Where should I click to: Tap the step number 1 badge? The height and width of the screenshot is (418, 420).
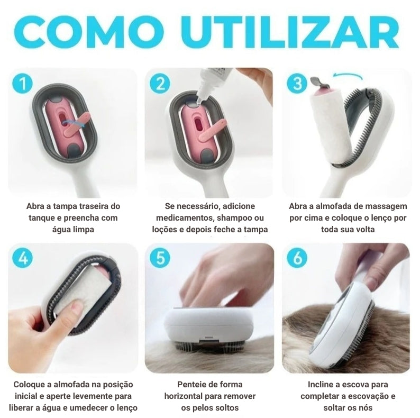(x=22, y=84)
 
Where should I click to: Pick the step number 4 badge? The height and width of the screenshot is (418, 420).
(x=22, y=258)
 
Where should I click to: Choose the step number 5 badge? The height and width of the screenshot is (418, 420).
(x=160, y=258)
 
